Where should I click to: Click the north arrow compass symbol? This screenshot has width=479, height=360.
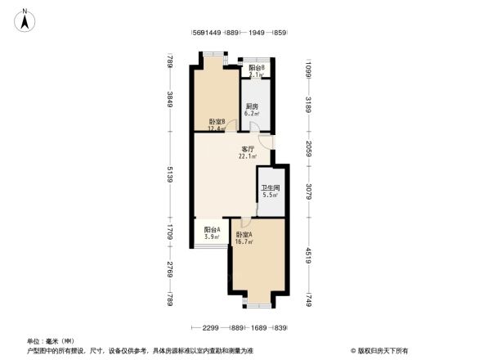[x=25, y=20]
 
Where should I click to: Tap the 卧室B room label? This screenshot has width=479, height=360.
[x=217, y=122]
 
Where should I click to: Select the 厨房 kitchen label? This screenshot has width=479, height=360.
[x=252, y=106]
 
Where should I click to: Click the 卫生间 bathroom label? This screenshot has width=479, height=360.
[x=269, y=188]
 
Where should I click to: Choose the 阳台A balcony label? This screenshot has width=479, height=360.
[x=212, y=230]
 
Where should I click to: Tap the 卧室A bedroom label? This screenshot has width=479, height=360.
[x=244, y=236]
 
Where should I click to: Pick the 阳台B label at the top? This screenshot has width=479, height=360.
[x=257, y=68]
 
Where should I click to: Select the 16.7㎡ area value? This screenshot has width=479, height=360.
[x=244, y=243]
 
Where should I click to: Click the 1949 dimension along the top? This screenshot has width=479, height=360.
[x=257, y=34]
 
